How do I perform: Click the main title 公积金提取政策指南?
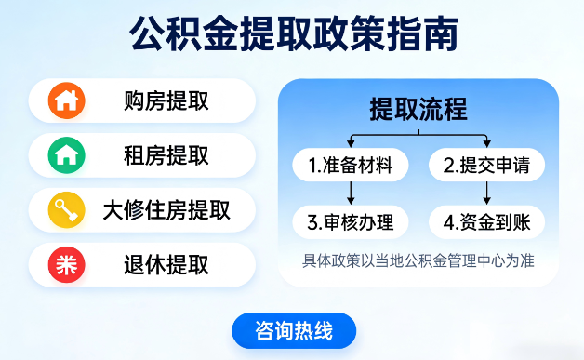point(292,36)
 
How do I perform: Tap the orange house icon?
point(66,100)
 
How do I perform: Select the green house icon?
point(66,155)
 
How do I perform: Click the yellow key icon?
point(66,210)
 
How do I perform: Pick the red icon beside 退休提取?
point(66,265)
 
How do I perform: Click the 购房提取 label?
point(166,100)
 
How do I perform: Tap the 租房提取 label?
point(166,155)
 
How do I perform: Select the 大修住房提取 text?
point(166,210)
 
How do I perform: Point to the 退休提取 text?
point(166,265)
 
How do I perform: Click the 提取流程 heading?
point(418,109)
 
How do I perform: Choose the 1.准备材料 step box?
point(350,167)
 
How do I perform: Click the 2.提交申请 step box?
point(486,167)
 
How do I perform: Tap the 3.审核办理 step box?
point(350,222)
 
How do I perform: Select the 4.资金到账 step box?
point(486,222)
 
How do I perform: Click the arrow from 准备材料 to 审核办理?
point(351,194)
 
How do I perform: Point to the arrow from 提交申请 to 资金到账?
point(487,194)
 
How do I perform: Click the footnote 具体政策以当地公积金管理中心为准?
point(418,260)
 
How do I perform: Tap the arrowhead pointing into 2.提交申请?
point(487,143)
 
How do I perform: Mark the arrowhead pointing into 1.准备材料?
point(351,143)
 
